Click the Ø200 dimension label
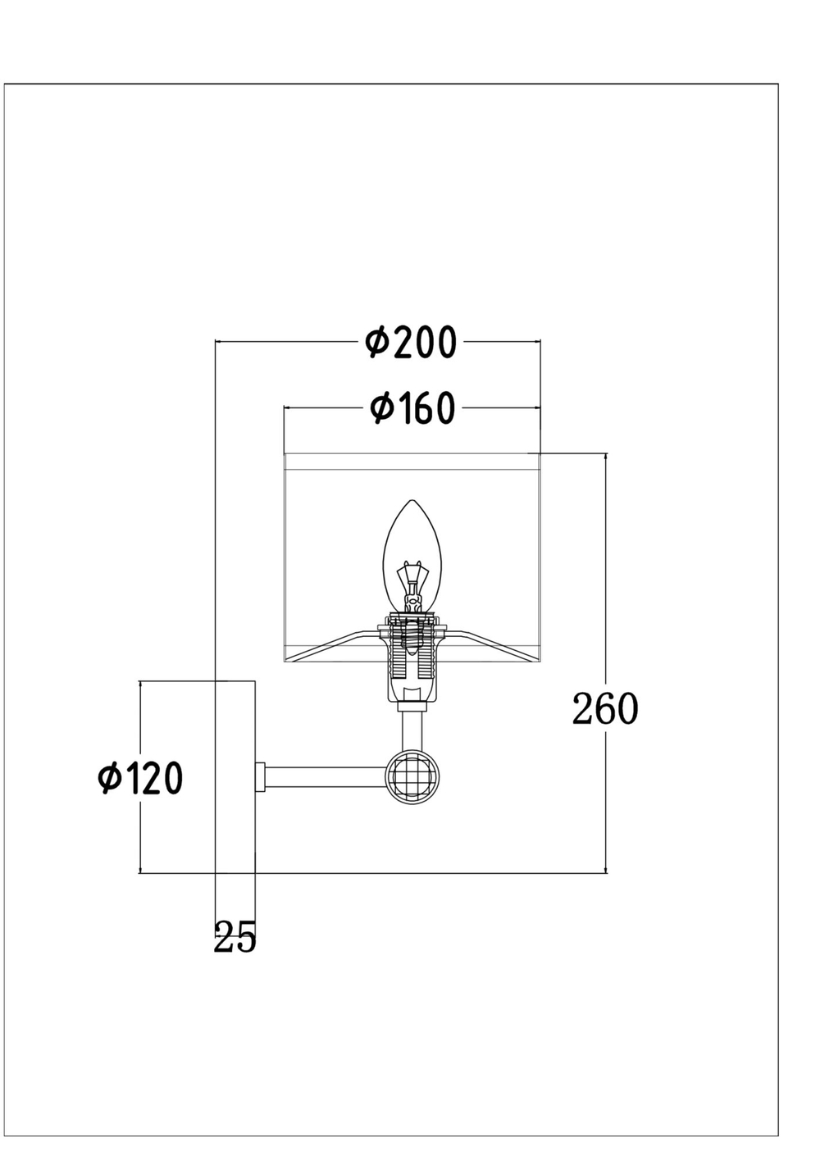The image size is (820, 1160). [411, 342]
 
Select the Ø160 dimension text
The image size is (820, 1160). [412, 407]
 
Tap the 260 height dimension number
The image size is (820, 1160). [605, 708]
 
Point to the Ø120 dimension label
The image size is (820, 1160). [140, 778]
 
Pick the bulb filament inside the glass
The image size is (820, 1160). [412, 585]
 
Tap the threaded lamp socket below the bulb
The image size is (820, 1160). [412, 655]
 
